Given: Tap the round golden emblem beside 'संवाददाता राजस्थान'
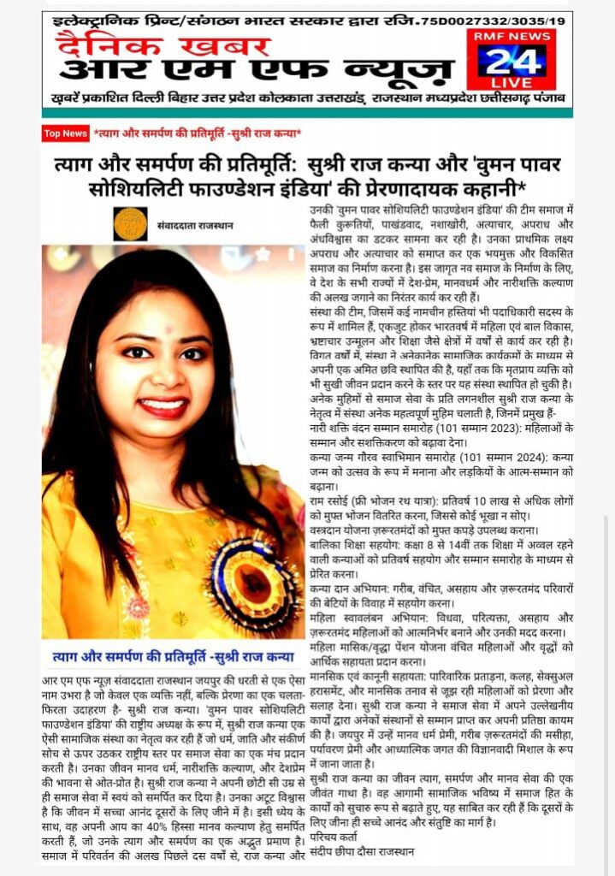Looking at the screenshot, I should pyautogui.click(x=131, y=224).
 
